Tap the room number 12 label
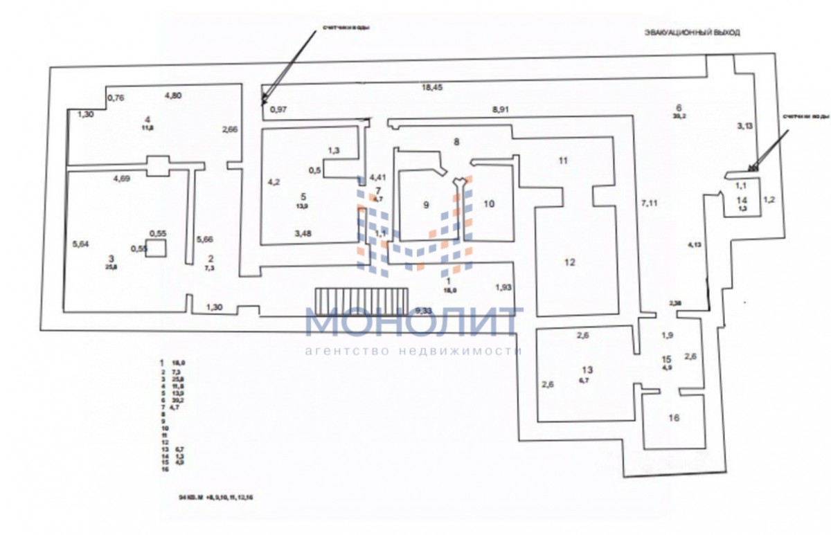tap(569, 262)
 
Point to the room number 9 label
tap(426, 204)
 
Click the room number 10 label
tap(489, 203)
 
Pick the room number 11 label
tap(563, 161)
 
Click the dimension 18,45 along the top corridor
tap(435, 88)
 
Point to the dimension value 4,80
tap(172, 96)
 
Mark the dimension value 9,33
tap(423, 311)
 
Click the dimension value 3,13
tap(744, 125)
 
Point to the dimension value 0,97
tap(278, 109)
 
